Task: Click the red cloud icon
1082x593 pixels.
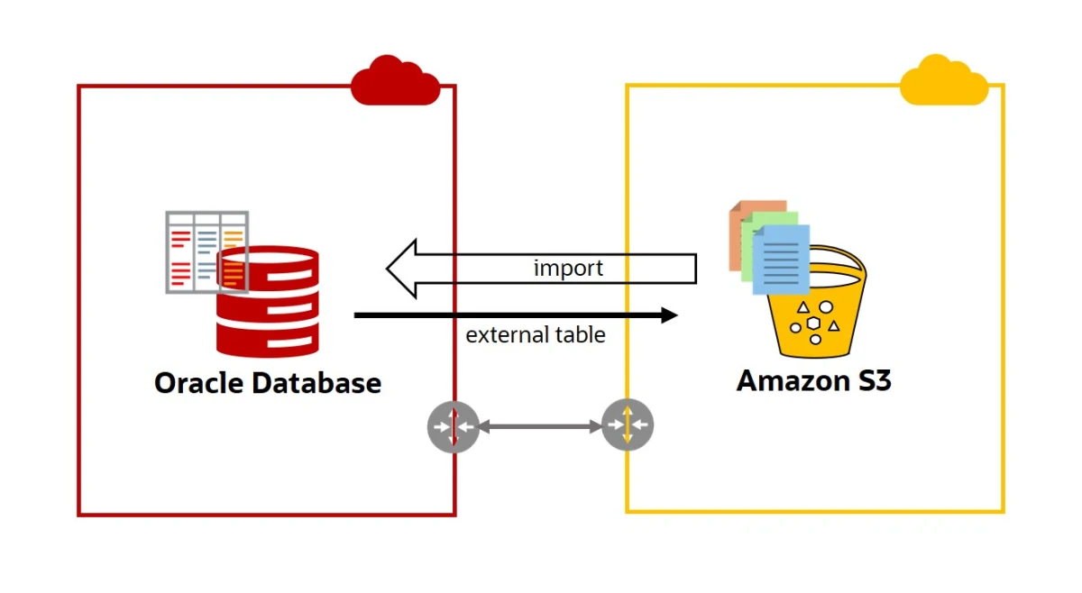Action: tap(395, 80)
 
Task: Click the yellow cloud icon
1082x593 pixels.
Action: tap(944, 79)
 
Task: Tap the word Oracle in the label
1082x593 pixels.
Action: tap(199, 383)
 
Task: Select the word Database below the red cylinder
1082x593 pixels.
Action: tap(316, 383)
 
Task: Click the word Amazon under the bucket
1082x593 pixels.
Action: tap(793, 380)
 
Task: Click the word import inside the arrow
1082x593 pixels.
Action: tap(568, 268)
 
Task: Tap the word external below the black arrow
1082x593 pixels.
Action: tap(507, 334)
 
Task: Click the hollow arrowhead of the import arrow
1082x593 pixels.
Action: tap(401, 269)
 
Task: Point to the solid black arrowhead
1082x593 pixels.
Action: tap(669, 315)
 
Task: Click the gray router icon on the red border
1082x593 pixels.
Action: tap(453, 426)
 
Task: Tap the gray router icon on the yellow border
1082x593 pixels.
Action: tap(628, 425)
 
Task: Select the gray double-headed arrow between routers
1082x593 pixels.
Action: tap(540, 426)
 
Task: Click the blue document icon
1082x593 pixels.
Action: tap(781, 260)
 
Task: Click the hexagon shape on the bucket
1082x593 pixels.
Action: tap(814, 324)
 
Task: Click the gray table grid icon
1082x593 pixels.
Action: tap(207, 252)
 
